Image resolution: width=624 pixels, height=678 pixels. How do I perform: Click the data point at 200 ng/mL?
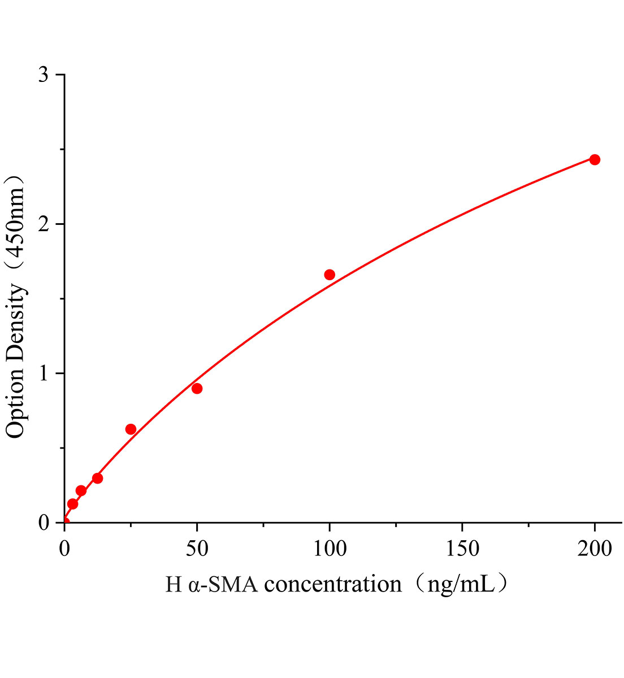(x=595, y=160)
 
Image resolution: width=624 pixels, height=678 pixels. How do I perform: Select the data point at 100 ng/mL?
(x=330, y=275)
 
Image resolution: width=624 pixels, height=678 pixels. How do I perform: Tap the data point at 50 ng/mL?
(x=197, y=388)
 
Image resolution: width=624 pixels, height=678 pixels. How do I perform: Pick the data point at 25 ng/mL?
(x=131, y=429)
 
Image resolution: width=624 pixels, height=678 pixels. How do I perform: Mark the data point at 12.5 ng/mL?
(x=97, y=478)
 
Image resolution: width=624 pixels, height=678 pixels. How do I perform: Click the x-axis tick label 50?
(x=197, y=547)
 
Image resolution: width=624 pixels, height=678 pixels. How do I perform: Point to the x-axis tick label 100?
(x=330, y=547)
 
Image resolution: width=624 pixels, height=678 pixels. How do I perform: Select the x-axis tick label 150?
(x=462, y=547)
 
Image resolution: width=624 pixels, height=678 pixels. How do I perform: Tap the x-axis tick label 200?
(x=595, y=547)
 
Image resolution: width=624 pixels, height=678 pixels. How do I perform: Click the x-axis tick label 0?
(x=64, y=547)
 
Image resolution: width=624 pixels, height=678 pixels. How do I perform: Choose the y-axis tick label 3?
(x=44, y=75)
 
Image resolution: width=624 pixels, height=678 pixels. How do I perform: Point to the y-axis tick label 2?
(x=44, y=224)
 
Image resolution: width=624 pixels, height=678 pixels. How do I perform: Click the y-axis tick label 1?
(x=44, y=373)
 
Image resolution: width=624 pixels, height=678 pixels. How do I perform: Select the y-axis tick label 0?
(x=44, y=523)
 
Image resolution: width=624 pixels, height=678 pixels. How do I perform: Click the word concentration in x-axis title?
(x=333, y=584)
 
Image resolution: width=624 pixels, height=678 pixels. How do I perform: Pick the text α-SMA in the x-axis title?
(x=223, y=584)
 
